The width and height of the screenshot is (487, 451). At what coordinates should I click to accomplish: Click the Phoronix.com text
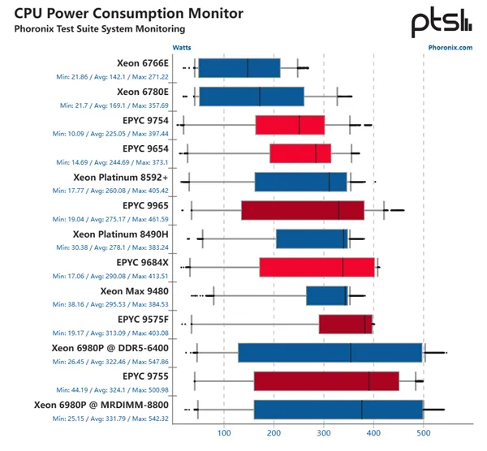tap(450, 47)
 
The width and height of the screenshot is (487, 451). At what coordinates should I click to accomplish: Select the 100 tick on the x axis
tap(224, 433)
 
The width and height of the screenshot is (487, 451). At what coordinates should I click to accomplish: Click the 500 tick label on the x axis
tap(424, 433)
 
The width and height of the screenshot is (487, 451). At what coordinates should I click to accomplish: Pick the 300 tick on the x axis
tap(324, 433)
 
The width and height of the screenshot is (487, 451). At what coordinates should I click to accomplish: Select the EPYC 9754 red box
tap(290, 125)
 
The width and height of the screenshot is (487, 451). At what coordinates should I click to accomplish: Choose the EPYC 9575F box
tap(345, 324)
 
